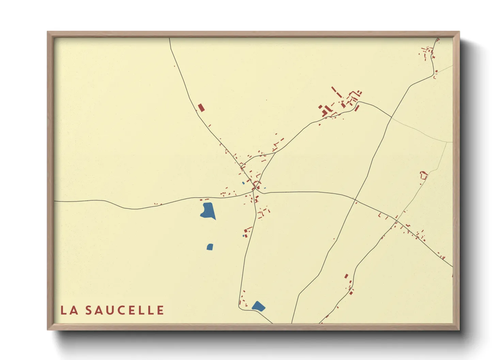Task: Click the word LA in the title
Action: tap(69, 310)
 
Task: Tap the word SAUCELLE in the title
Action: tap(125, 310)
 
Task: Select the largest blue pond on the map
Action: tap(208, 210)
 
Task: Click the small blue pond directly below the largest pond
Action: tap(210, 247)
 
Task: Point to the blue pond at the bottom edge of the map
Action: tap(258, 306)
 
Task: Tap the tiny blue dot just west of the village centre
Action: tap(243, 183)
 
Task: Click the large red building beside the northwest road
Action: tap(201, 108)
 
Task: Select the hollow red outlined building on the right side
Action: tap(424, 175)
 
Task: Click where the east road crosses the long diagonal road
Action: tap(355, 199)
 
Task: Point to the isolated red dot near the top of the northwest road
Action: tap(174, 66)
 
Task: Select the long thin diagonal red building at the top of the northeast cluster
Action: tap(335, 92)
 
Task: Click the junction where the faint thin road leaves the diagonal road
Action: tap(391, 118)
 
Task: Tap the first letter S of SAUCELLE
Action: tap(89, 310)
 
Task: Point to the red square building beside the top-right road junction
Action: tap(436, 71)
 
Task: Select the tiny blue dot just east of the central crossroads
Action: tap(265, 188)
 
